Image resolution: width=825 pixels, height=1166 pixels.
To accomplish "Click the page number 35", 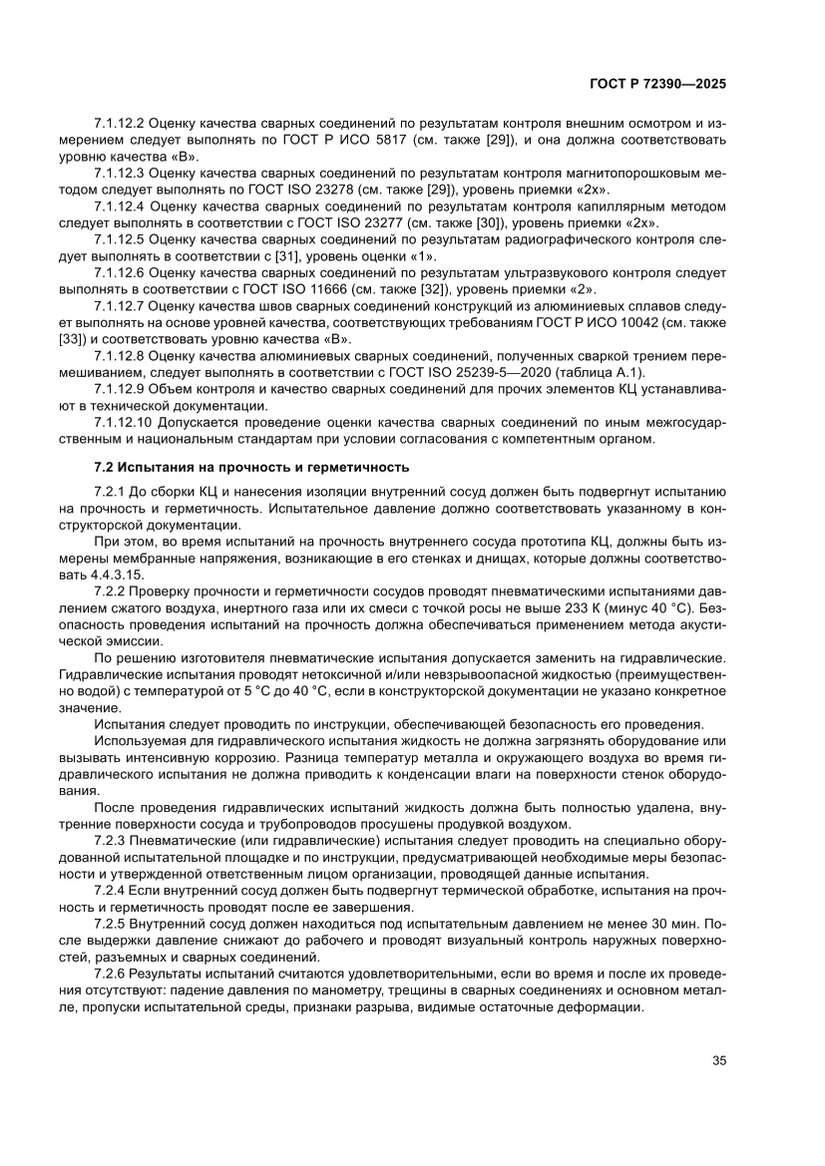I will tap(718, 1060).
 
